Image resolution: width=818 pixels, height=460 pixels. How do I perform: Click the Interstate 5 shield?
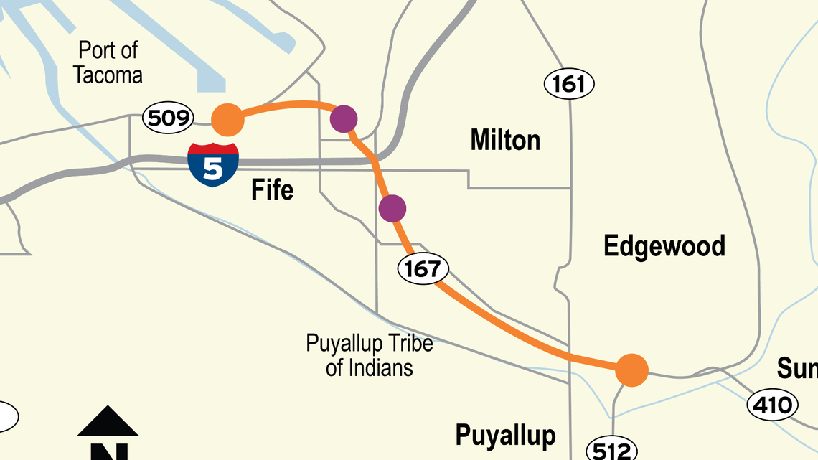point(213,163)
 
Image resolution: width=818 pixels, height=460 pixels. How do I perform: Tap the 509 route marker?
point(168,118)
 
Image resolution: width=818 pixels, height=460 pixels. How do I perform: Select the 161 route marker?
point(569,85)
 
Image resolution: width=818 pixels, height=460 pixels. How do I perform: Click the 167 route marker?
point(423,269)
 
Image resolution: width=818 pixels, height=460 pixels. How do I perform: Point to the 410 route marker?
point(774,405)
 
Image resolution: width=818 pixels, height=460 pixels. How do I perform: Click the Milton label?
point(505,140)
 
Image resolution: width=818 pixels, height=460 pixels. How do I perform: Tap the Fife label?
point(272,190)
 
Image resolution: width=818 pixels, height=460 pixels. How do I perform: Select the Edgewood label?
point(664,246)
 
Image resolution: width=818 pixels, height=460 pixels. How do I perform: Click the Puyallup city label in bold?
point(505,435)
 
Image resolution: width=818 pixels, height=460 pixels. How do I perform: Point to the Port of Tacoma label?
point(108,62)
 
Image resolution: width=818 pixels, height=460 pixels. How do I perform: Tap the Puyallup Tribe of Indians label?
point(370,355)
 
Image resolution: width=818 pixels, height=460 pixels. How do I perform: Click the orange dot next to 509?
point(228,120)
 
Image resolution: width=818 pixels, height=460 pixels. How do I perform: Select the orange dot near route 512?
point(632,370)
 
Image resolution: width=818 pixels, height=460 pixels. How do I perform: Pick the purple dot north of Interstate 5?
point(344,118)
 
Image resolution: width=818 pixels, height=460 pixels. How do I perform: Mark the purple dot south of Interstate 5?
point(392,208)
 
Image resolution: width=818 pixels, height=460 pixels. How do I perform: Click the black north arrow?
point(108,423)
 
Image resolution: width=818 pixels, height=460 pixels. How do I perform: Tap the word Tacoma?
point(108,75)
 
